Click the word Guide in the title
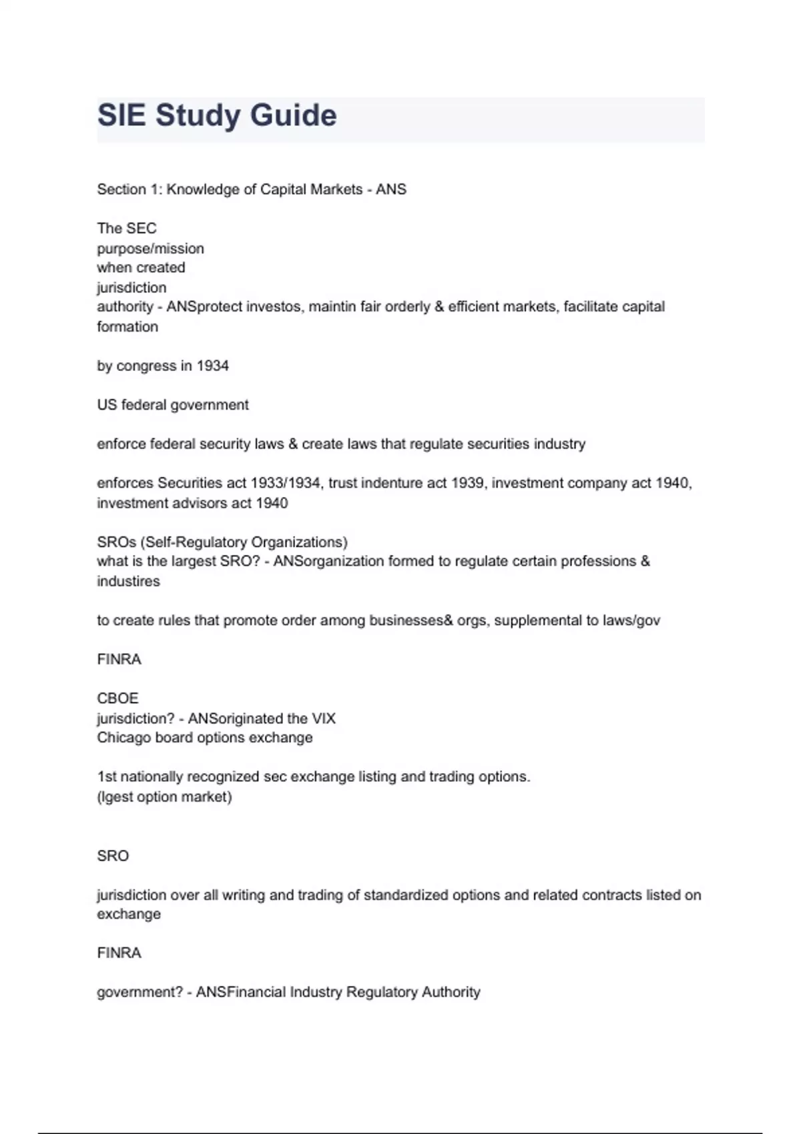[293, 115]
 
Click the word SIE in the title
[121, 115]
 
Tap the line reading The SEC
[127, 228]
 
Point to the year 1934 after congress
[212, 366]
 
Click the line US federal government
[173, 405]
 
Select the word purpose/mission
[150, 249]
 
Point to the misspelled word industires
[128, 581]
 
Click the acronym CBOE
[117, 698]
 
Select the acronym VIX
[323, 718]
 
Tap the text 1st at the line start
[106, 777]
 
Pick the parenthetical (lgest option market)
[164, 796]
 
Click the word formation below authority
[127, 327]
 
